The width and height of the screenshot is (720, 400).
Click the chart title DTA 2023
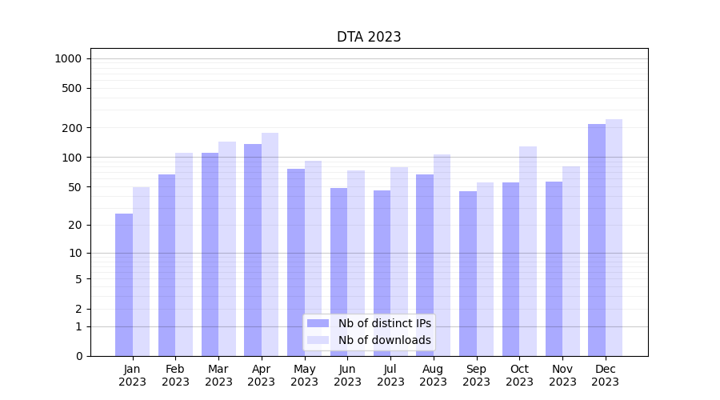coord(369,37)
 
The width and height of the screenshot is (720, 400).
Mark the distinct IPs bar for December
coord(597,240)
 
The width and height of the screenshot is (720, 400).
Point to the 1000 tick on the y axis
coord(68,58)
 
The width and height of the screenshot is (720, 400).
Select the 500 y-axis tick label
coord(72,88)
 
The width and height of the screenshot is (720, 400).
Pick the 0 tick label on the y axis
coord(78,356)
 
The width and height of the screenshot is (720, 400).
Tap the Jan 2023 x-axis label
coord(133,375)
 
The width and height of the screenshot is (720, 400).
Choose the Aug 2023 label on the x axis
coord(434,375)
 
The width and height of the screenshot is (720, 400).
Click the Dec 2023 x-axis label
coord(606,375)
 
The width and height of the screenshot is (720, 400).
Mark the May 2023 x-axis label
coord(305,375)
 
